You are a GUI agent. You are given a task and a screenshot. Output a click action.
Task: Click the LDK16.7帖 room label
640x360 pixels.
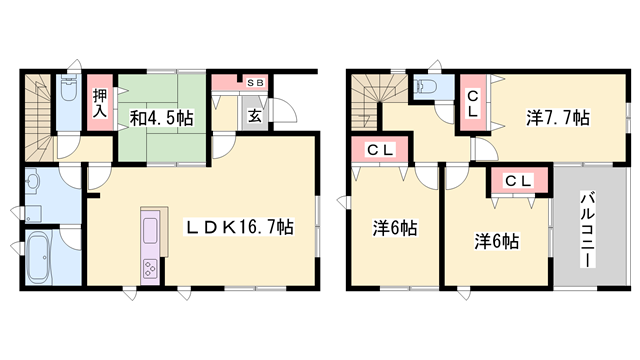coord(240,227)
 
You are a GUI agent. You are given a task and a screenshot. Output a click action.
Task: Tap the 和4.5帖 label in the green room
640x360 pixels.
coord(161,118)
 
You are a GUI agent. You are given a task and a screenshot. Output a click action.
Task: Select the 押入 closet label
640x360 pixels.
coord(100,103)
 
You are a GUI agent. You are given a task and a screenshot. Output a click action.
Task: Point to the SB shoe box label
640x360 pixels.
coord(256,83)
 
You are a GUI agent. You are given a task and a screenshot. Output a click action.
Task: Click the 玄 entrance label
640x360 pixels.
coord(255,116)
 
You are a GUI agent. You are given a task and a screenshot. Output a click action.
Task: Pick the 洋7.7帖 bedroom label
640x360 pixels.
coord(558,118)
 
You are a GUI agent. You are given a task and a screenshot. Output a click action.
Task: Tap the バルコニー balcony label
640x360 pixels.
coord(588,231)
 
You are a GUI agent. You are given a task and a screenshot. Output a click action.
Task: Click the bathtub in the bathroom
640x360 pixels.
coord(39,258)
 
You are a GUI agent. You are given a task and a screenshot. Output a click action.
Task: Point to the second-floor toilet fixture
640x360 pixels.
coord(425,86)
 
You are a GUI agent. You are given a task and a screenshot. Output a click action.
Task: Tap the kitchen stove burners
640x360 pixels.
coord(150,269)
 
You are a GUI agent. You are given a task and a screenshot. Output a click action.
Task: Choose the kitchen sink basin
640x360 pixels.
coord(150,230)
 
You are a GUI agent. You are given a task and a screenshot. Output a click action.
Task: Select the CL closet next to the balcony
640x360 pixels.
coord(519,180)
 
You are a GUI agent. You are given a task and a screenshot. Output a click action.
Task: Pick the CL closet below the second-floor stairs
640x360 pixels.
coord(380,149)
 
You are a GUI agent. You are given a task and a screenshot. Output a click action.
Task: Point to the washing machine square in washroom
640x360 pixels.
coord(34,213)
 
